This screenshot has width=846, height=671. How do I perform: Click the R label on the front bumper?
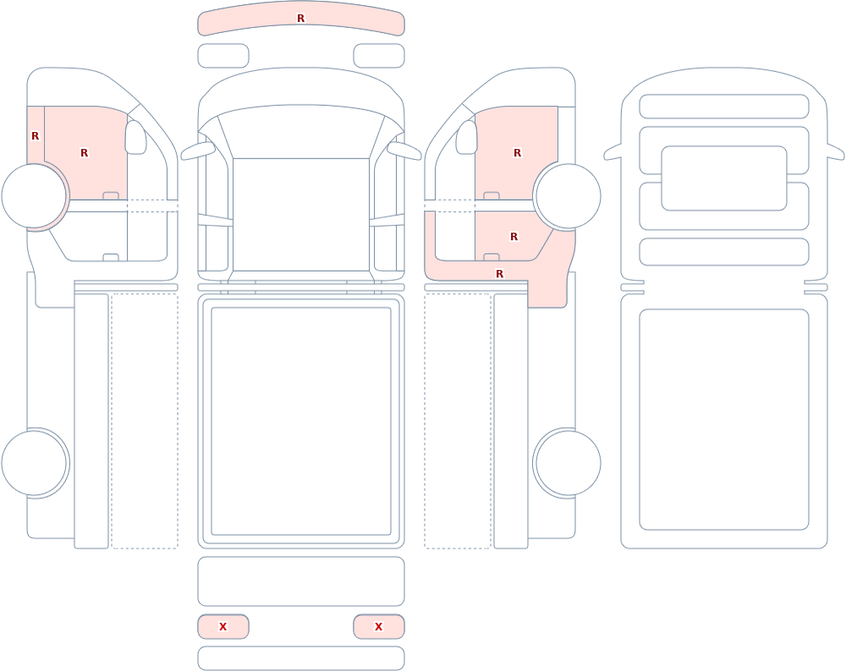[300, 19]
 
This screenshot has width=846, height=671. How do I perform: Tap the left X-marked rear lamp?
[222, 627]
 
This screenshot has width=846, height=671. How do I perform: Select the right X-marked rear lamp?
[379, 627]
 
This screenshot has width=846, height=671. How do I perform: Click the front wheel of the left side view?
[34, 196]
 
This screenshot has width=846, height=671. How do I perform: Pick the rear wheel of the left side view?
[34, 463]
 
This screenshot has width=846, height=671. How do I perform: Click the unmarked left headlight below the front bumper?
[222, 56]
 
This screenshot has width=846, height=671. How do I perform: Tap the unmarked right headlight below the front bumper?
[379, 56]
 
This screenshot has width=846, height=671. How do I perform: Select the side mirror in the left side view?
[136, 137]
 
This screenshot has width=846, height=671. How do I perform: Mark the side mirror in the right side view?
[467, 137]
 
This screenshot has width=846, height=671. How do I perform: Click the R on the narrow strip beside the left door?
[35, 136]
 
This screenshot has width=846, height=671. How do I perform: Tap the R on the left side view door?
[84, 153]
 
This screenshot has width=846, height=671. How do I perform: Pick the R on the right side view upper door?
[518, 153]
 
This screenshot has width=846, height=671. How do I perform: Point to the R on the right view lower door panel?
[514, 237]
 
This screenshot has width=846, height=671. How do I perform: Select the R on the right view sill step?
[500, 274]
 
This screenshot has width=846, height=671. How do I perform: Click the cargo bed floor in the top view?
[301, 421]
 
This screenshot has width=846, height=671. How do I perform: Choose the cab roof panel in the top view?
[301, 214]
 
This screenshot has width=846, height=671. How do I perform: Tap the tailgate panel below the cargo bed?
[301, 581]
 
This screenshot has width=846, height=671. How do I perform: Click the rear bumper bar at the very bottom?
[301, 658]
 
